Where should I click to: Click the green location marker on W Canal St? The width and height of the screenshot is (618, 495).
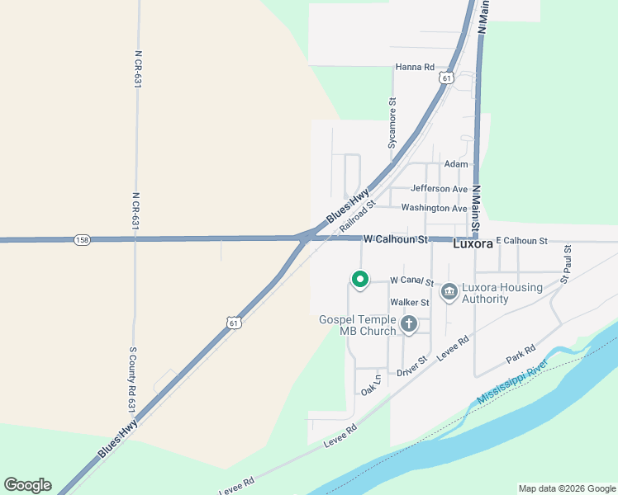point(359,280)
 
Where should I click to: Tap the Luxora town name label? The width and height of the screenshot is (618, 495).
point(473,244)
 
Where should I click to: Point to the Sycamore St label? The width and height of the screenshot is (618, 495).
point(392,124)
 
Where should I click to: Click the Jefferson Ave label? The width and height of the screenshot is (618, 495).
point(439,189)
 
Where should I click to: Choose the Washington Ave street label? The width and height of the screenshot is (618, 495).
point(434,209)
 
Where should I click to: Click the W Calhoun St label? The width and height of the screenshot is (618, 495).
point(397,239)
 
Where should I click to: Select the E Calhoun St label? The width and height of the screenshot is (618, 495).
point(521,240)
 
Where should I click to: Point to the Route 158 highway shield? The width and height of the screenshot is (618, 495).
point(81,240)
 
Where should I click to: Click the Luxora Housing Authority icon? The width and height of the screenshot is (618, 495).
point(449,291)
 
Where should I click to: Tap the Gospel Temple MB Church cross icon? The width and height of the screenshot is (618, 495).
point(408,324)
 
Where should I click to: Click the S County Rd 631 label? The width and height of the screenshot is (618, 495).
point(131,379)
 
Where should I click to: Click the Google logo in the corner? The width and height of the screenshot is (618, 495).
point(27,485)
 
